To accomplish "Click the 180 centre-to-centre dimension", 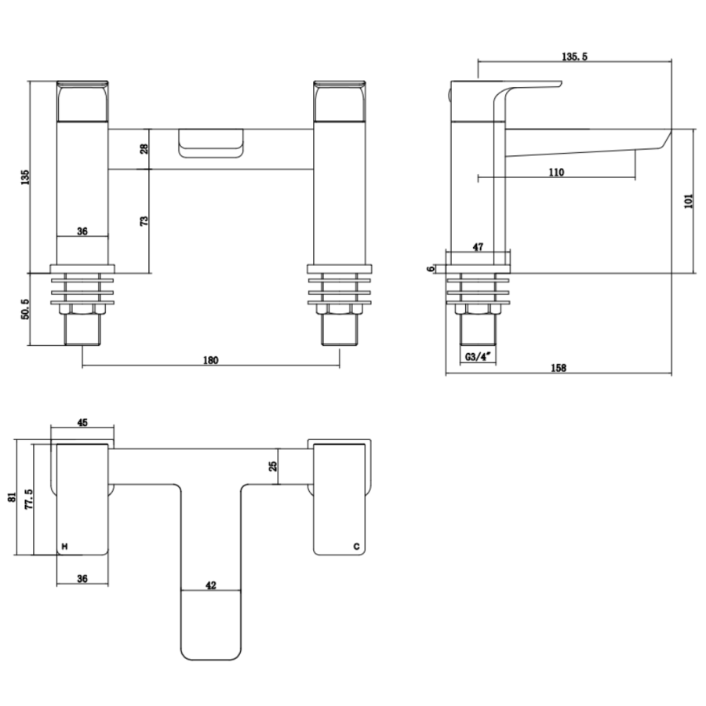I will tap(210, 360).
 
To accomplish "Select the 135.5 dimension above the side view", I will tap(574, 56).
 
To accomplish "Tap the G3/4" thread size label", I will tap(477, 356).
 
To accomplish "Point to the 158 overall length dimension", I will tap(558, 367).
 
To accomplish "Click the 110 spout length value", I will tap(556, 173).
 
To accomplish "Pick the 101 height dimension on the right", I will tap(689, 202).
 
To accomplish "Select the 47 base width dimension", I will tap(479, 246).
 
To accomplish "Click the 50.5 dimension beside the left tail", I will tap(24, 309).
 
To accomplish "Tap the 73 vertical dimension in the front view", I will tap(144, 220).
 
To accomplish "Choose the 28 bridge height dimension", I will tap(144, 149).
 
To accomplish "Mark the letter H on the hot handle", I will tap(65, 545).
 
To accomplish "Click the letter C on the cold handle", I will tap(355, 545).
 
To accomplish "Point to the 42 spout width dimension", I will tap(211, 585).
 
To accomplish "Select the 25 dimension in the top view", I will tap(273, 466).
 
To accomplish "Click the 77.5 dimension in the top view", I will tap(29, 499).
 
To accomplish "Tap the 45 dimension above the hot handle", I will tap(82, 422).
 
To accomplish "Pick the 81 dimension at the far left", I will tap(11, 497).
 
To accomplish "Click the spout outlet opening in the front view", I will tap(210, 145).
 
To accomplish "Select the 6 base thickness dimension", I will tap(431, 267).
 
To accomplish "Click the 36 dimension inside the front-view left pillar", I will tap(82, 231).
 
